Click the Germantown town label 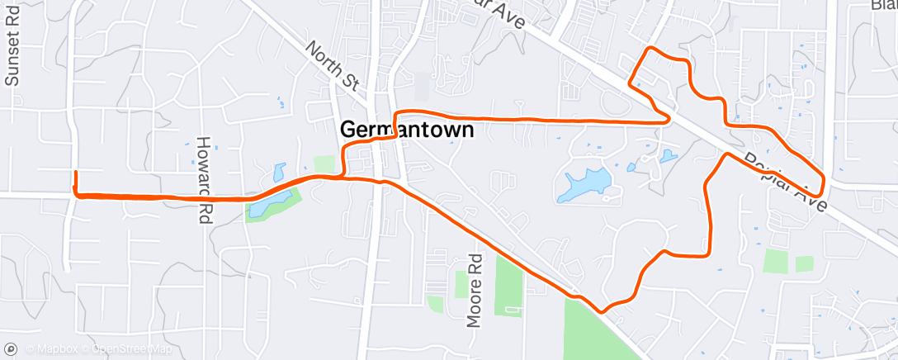click(407, 130)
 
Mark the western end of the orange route click(76, 173)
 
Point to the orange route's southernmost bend click(603, 311)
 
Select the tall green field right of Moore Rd click(508, 286)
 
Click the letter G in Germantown click(348, 130)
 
